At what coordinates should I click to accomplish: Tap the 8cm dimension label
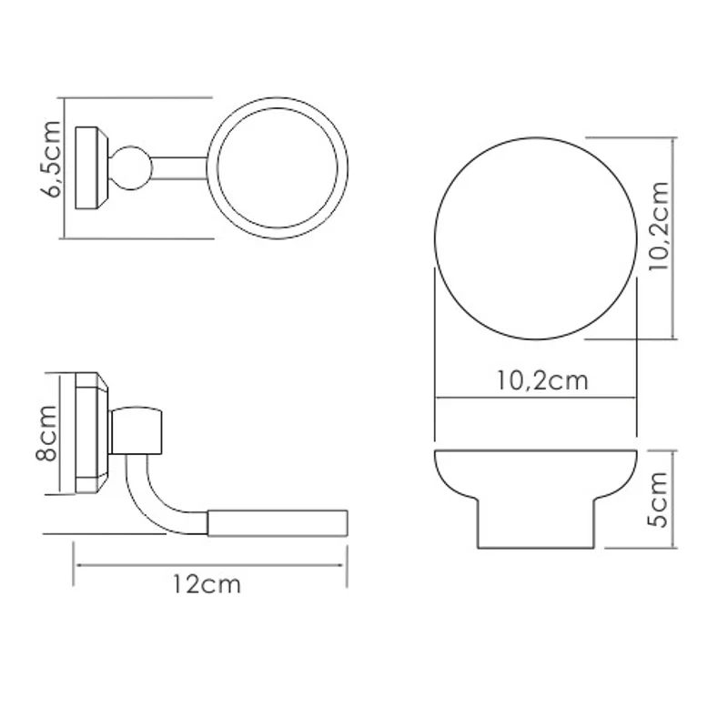47,434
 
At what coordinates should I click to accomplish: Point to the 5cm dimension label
659,499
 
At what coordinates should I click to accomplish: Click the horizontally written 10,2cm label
542,380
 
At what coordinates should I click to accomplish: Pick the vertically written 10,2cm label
659,227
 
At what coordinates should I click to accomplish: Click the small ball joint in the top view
131,167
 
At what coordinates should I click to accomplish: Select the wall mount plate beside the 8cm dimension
91,433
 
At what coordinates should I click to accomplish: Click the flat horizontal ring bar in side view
278,522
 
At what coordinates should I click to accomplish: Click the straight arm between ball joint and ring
178,166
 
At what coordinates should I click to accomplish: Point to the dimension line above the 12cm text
209,565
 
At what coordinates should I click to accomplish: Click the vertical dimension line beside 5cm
674,499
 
